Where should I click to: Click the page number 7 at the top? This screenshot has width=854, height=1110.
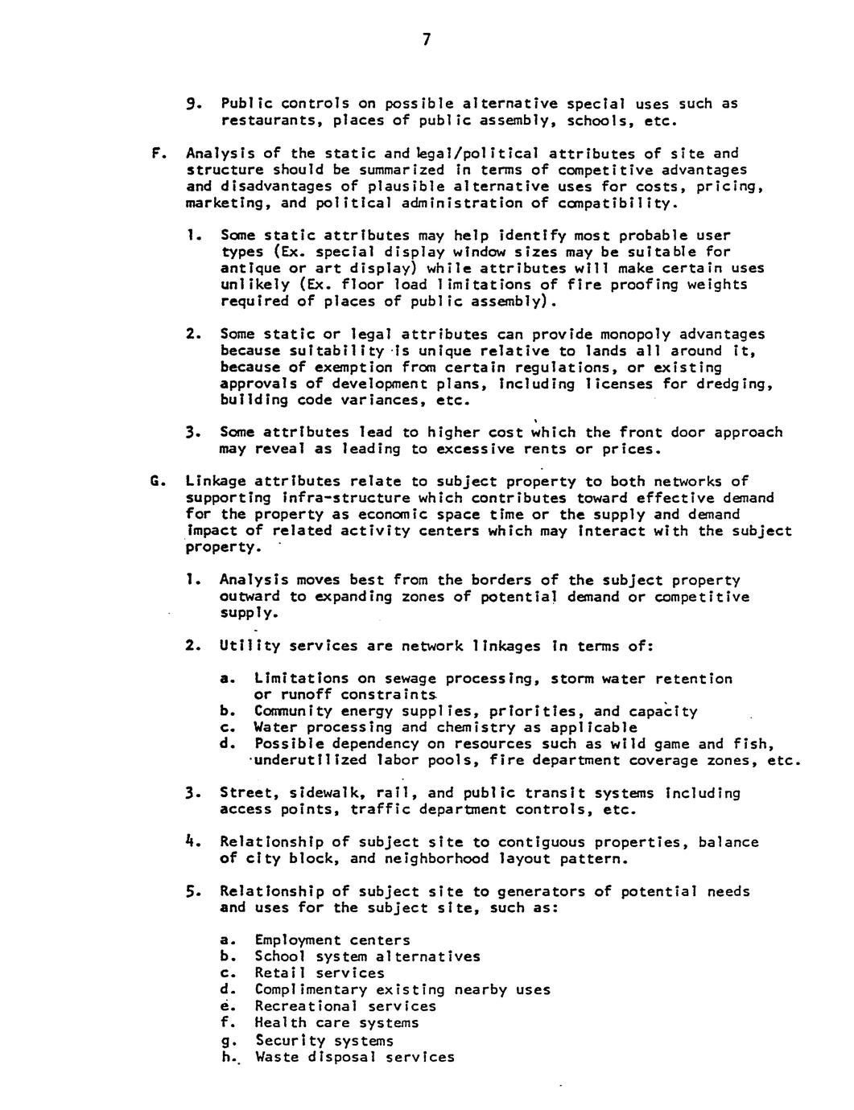coord(427,39)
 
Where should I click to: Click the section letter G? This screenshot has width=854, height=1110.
coord(159,481)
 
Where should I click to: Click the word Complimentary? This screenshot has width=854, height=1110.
coord(300,989)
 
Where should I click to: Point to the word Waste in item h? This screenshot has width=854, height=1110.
coord(274,1056)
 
